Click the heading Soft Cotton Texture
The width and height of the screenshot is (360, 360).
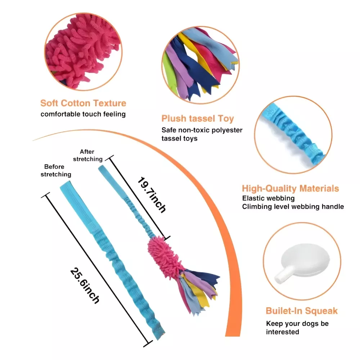coord(83,103)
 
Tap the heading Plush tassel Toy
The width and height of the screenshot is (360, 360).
coord(198,118)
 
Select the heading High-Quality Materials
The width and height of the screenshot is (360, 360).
coord(290,188)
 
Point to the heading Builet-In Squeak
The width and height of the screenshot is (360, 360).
coord(302,311)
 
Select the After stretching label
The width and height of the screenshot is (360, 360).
coord(88,155)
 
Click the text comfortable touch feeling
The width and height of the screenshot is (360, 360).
coord(83,114)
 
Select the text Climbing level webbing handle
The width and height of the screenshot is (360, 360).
coord(293,207)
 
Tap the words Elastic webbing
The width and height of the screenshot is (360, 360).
coord(268,198)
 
